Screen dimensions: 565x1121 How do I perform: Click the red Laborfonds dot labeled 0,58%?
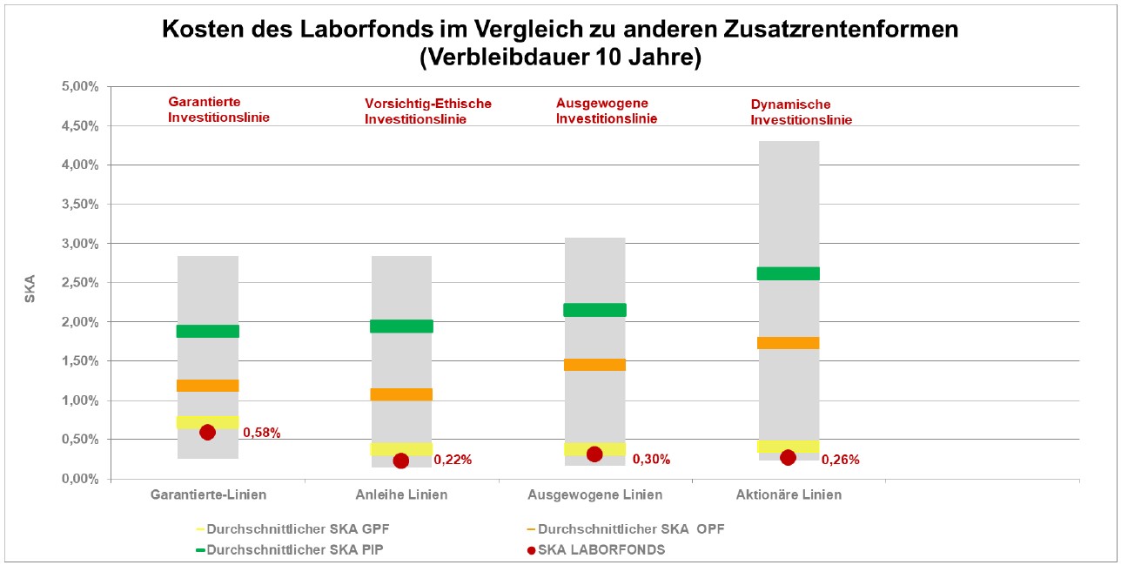(x=207, y=432)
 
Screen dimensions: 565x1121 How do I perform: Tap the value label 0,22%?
(x=453, y=460)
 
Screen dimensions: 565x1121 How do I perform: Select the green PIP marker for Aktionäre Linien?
(x=789, y=273)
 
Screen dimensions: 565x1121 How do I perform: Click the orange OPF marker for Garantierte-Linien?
(x=208, y=386)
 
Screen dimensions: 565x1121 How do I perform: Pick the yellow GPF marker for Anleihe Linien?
(x=401, y=449)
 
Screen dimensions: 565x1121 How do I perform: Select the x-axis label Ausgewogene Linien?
(x=594, y=495)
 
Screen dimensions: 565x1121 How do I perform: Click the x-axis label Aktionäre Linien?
(x=789, y=495)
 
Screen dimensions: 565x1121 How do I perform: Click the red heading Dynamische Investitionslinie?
(x=801, y=112)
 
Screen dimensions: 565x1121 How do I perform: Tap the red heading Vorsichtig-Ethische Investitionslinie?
(x=427, y=111)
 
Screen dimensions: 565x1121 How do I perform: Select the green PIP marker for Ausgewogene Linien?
(x=595, y=310)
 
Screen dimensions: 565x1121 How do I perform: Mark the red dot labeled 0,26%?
(x=788, y=458)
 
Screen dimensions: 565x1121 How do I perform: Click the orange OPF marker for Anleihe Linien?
(x=401, y=394)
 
